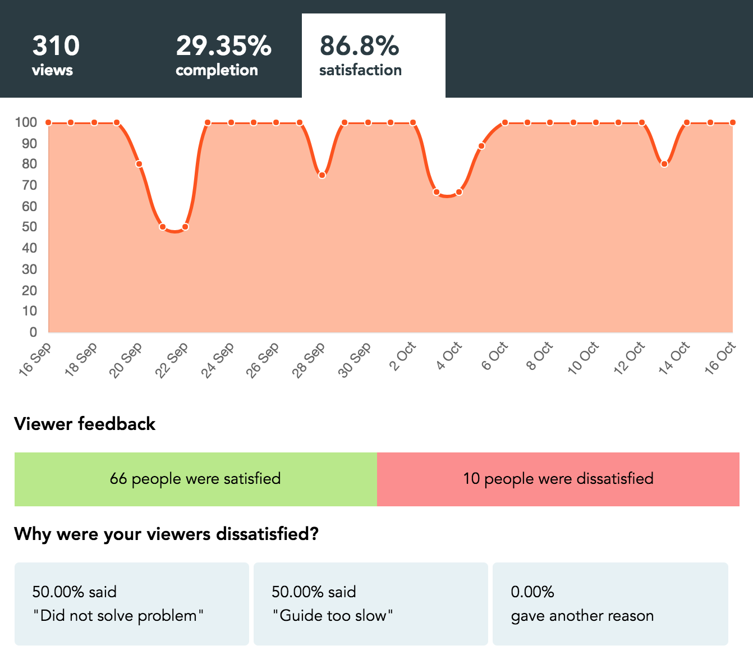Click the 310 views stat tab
56,55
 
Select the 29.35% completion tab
223,55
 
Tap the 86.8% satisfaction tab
373,55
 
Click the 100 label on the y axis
26,122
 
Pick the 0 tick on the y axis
33,332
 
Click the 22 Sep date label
172,360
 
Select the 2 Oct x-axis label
403,356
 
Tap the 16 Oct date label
720,358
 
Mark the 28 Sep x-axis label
309,360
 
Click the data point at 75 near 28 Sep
322,175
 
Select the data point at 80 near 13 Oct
664,164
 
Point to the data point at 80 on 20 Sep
139,164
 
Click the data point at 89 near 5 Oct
481,146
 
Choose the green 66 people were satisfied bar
195,479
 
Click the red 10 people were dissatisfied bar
558,479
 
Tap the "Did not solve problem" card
131,603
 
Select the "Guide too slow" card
370,603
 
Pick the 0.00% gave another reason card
610,603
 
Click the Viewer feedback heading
85,424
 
